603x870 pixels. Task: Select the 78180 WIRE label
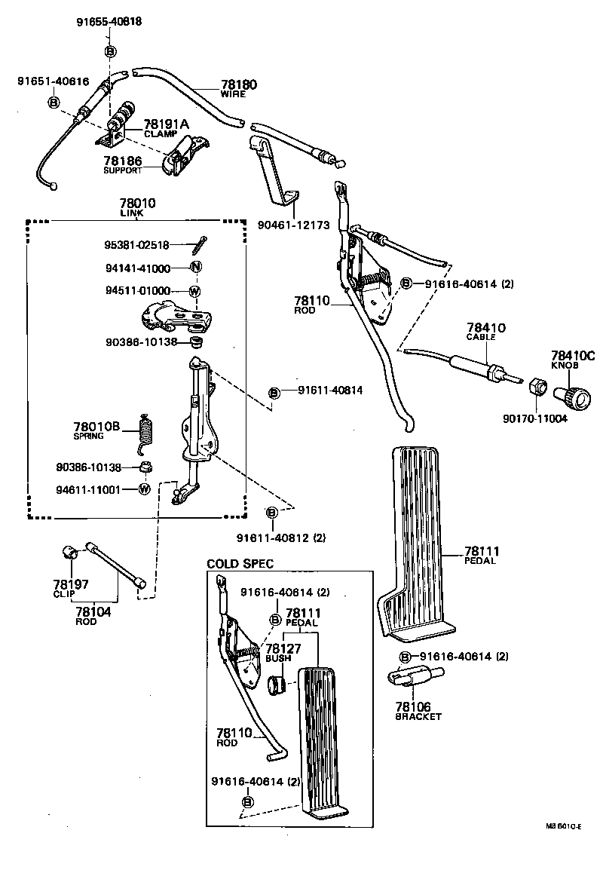coord(238,89)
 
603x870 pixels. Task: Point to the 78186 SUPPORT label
coord(123,166)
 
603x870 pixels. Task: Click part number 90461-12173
coord(292,224)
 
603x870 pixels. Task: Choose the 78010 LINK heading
coord(136,207)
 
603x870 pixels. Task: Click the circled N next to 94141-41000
coord(194,267)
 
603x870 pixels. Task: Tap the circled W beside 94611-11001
coord(145,489)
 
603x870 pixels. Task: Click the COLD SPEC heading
coord(240,563)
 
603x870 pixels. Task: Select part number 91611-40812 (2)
coord(280,538)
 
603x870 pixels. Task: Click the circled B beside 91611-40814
coord(275,393)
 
